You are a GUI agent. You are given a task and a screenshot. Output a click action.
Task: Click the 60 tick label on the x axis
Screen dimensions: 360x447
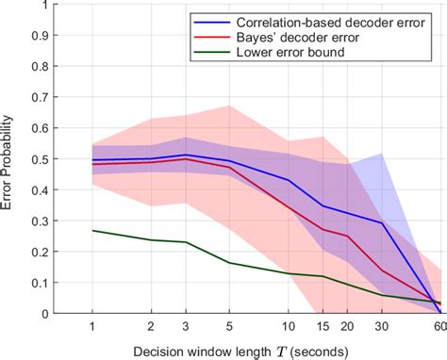coord(439,325)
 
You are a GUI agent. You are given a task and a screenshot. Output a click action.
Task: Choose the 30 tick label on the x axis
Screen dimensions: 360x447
coord(382,325)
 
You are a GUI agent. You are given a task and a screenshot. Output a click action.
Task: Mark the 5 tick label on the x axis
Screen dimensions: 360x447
coord(228,325)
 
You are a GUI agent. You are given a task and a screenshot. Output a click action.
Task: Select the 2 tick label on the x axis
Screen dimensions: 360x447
coord(151,325)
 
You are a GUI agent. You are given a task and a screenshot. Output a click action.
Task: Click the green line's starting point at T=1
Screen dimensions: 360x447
coord(91,230)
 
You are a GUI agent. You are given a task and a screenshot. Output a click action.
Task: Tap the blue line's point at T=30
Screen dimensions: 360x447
coord(382,223)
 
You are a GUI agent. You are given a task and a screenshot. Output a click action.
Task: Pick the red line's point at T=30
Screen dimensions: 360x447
coord(382,270)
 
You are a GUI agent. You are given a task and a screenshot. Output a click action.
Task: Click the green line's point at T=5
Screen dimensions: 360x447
coord(228,263)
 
